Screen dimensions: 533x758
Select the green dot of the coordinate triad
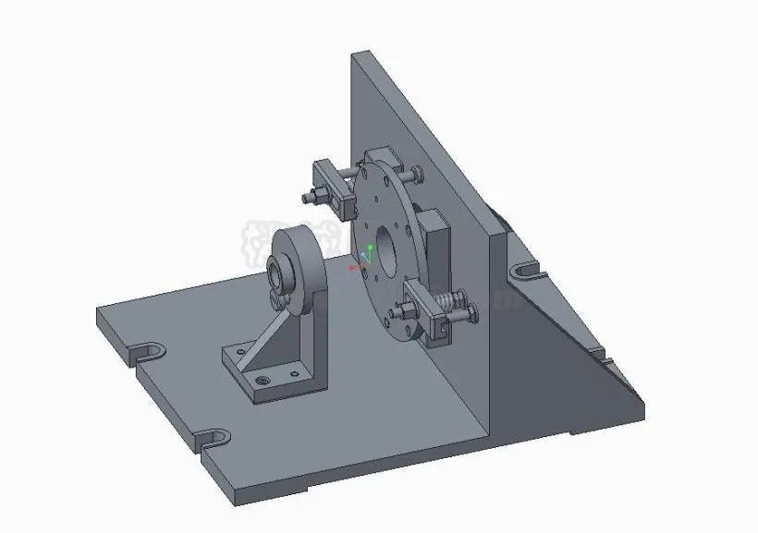(x=371, y=248)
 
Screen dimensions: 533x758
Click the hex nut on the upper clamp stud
(x=311, y=195)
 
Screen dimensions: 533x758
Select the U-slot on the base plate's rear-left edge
(x=148, y=351)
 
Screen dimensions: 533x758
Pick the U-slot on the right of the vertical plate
(x=526, y=270)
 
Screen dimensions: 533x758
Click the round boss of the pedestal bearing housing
(x=299, y=259)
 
